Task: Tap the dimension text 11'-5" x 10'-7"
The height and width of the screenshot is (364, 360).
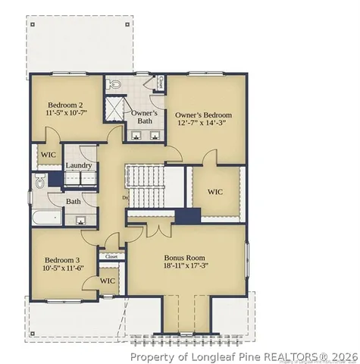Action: click(67, 115)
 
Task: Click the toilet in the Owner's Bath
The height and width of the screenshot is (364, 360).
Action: click(116, 85)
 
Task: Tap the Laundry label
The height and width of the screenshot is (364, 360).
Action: click(79, 165)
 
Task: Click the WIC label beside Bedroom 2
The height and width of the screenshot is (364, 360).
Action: click(47, 155)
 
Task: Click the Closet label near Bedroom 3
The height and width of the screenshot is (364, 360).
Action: click(111, 256)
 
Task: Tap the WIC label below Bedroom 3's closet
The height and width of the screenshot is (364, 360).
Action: click(108, 281)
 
